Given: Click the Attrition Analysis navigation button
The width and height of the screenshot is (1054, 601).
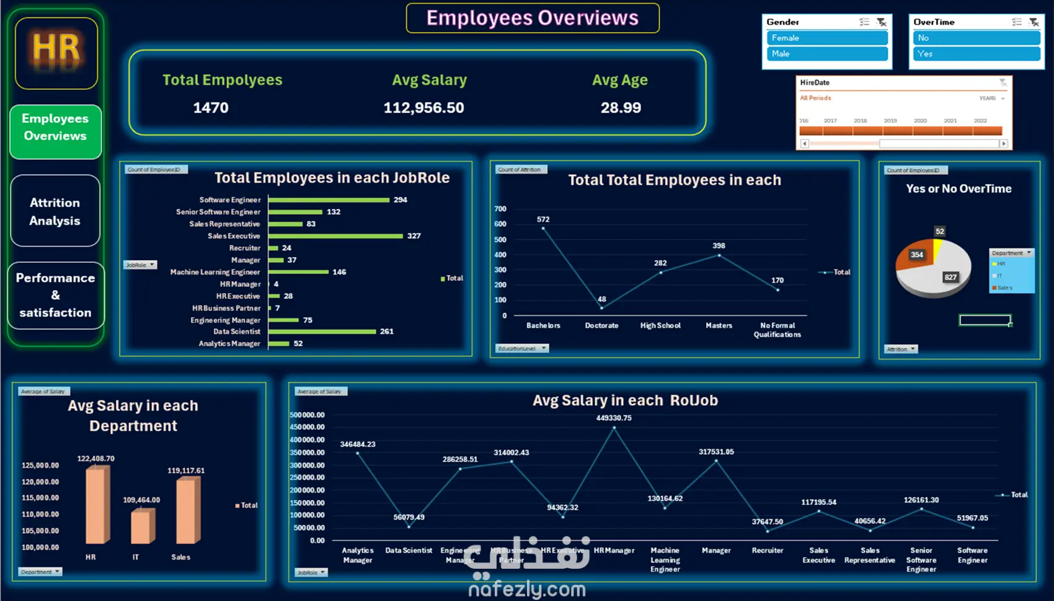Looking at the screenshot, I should pos(55,211).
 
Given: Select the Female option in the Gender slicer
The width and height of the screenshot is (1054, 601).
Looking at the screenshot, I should pos(826,38).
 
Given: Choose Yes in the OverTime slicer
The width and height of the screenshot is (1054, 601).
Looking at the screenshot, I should pos(976,54).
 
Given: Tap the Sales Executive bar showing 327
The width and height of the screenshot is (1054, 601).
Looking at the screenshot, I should pos(335,236).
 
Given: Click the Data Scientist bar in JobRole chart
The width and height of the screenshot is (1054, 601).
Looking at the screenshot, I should pos(322,331).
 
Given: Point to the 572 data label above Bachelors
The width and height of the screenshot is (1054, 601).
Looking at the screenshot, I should pos(543,219).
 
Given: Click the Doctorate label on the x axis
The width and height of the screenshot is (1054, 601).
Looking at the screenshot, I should pos(601,325).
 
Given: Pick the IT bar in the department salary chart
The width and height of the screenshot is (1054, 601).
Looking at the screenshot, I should pos(142,526).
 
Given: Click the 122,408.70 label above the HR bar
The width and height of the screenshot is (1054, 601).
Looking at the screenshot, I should pos(95,458).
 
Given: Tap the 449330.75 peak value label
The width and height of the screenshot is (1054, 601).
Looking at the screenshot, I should pos(614,418).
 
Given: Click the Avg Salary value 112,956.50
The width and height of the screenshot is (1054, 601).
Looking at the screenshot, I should pos(423,108).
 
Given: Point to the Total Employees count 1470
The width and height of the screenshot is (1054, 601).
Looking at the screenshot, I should pos(211,108).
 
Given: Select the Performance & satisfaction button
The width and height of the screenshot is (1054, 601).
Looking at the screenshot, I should pos(55,295).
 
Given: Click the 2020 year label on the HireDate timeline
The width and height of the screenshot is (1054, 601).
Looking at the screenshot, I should pos(920,121).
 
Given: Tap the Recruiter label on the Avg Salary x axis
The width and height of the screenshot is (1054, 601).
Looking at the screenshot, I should pos(768,550).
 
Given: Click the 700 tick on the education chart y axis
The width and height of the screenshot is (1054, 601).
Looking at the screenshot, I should pos(500,209).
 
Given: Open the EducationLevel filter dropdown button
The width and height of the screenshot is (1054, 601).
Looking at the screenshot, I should pos(544,348).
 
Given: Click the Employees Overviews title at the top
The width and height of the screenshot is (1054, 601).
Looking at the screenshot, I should pos(532,18).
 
